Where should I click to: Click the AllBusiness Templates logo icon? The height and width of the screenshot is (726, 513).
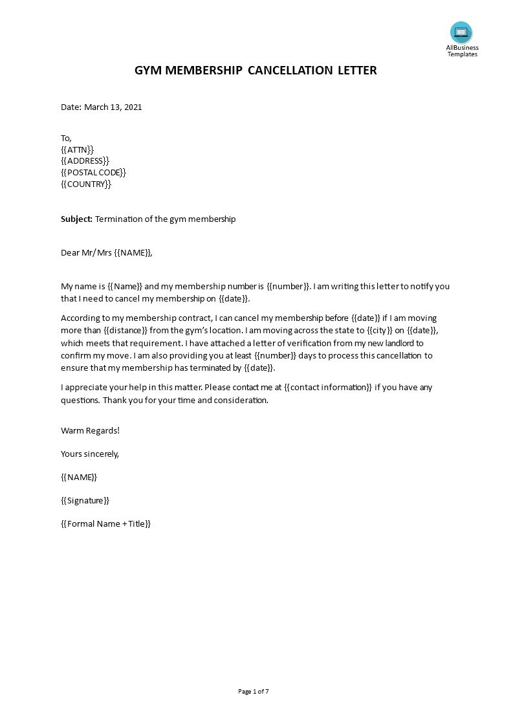coord(461,32)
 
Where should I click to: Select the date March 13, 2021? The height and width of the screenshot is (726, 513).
coord(113,107)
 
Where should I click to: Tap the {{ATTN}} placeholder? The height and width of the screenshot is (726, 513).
coord(77,149)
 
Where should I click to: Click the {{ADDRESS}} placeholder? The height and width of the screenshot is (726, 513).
coord(85,161)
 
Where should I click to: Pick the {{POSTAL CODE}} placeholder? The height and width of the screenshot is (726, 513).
coord(93,173)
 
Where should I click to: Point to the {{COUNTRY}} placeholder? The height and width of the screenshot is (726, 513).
coord(86,184)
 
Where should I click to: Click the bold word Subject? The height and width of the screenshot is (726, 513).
coord(76,219)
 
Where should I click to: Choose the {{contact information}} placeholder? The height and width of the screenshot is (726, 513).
coord(329,388)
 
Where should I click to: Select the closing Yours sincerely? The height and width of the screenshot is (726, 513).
coord(90,454)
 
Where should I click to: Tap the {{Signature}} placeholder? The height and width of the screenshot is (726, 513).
coord(85,501)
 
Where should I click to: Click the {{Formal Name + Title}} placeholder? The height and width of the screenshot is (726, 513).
coord(105,524)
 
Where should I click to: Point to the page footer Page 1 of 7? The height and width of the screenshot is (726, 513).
coord(254,692)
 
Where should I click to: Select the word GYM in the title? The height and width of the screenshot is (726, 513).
coord(148,70)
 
